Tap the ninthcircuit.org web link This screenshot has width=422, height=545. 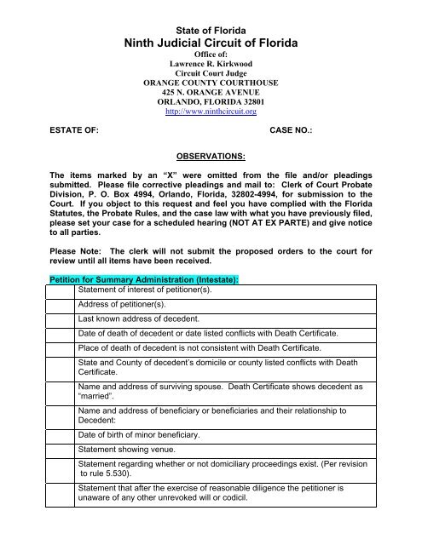pyautogui.click(x=211, y=110)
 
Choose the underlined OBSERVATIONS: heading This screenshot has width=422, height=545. pyautogui.click(x=211, y=157)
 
